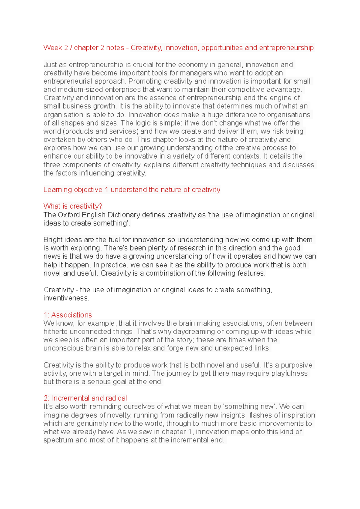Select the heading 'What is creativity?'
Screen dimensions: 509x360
pos(73,206)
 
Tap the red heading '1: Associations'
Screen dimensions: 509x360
pos(67,315)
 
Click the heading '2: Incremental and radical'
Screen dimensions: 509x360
pos(85,398)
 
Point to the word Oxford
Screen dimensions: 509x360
pos(69,215)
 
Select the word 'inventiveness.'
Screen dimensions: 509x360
pos(66,298)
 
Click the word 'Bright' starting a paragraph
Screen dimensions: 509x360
pos(53,240)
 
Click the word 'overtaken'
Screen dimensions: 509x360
pos(59,140)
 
